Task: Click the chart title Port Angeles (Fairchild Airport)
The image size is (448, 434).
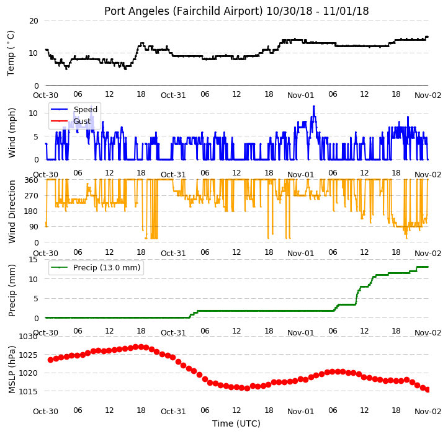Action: (x=184, y=11)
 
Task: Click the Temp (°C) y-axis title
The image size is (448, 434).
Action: (x=11, y=53)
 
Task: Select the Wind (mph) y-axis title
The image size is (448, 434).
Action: (x=11, y=133)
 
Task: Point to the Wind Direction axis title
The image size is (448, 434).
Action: (x=11, y=211)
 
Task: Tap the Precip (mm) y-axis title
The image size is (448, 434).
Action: (x=11, y=290)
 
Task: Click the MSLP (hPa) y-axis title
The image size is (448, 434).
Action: (x=11, y=370)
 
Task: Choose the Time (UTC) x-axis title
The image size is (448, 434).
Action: (x=236, y=423)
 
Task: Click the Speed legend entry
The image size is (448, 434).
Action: (x=86, y=109)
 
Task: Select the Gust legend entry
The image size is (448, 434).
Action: (x=82, y=122)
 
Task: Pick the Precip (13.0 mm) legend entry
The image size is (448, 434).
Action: (x=107, y=268)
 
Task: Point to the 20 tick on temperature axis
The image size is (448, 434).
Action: (x=34, y=21)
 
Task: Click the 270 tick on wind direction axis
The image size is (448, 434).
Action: (x=32, y=196)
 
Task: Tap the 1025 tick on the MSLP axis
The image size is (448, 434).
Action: (x=29, y=355)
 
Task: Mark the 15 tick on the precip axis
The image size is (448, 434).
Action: (x=34, y=260)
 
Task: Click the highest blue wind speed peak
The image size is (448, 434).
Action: (x=314, y=107)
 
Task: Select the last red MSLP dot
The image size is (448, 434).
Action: (x=428, y=389)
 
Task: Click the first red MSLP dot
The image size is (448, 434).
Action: (x=51, y=360)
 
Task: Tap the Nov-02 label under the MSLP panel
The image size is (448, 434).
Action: (x=428, y=412)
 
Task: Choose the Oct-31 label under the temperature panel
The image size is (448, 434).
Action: (x=173, y=95)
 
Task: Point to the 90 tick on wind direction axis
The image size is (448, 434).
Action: (x=34, y=227)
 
